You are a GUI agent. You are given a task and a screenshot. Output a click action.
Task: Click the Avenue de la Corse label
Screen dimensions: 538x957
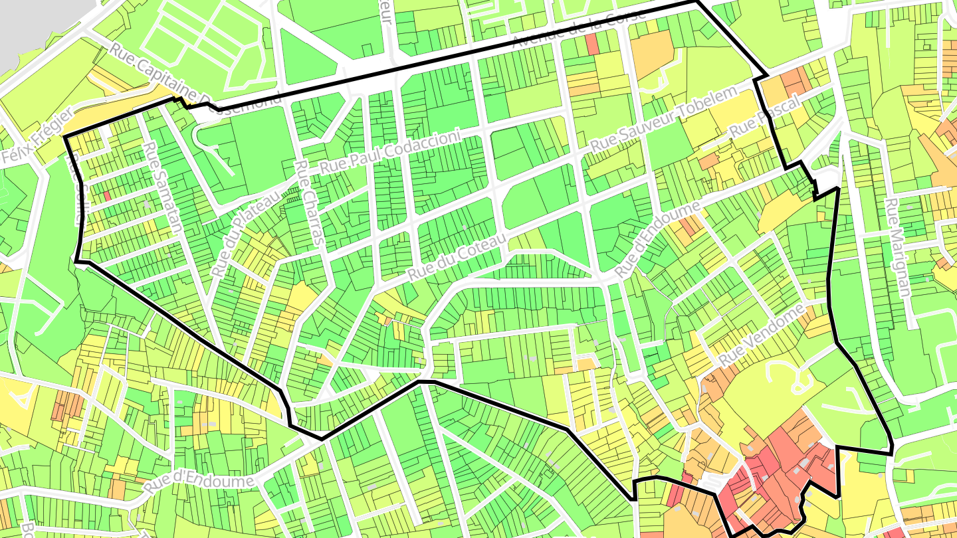pyautogui.click(x=579, y=30)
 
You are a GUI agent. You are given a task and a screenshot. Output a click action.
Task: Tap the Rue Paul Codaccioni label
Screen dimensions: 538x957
pyautogui.click(x=389, y=152)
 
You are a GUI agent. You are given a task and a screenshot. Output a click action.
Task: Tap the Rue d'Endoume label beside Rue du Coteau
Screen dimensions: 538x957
pyautogui.click(x=657, y=240)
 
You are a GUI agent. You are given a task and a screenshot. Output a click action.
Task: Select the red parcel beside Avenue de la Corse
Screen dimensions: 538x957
pyautogui.click(x=591, y=44)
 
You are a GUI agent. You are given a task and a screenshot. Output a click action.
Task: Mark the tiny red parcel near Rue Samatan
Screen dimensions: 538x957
pyautogui.click(x=106, y=197)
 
